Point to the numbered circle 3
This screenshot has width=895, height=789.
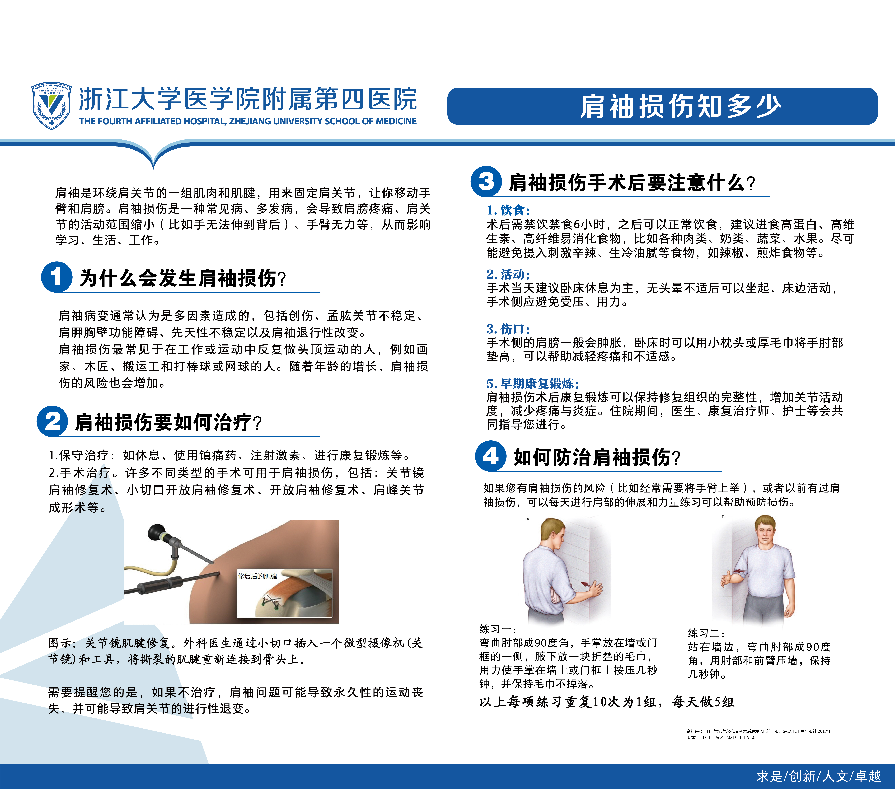tap(486, 181)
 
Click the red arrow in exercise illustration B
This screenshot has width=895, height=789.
tap(740, 571)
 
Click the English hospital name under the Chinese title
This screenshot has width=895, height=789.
tap(248, 121)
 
